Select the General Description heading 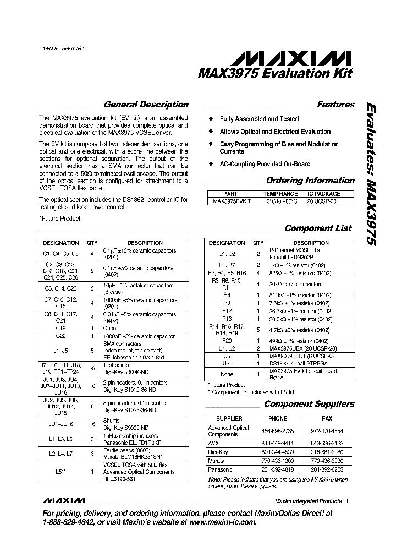pyautogui.click(x=146, y=105)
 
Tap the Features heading pyautogui.click(x=335, y=105)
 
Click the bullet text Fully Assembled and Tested pyautogui.click(x=259, y=119)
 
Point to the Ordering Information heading pyautogui.click(x=310, y=181)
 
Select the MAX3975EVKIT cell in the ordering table pyautogui.click(x=232, y=201)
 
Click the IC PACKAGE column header pyautogui.click(x=323, y=194)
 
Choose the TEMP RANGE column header pyautogui.click(x=280, y=194)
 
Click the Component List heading pyautogui.click(x=318, y=228)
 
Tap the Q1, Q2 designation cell pyautogui.click(x=227, y=254)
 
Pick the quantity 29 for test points pyautogui.click(x=92, y=368)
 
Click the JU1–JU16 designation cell pyautogui.click(x=61, y=424)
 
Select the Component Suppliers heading pyautogui.click(x=309, y=404)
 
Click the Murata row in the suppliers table pyautogui.click(x=218, y=460)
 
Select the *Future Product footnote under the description pyautogui.click(x=59, y=219)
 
